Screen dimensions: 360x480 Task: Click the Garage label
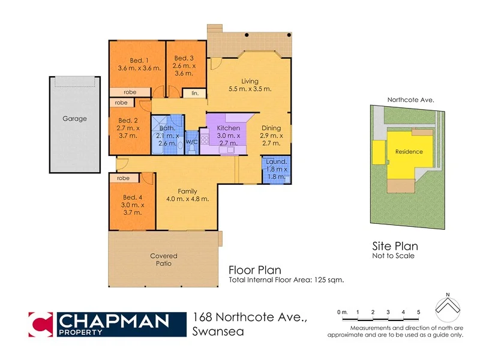pyautogui.click(x=74, y=119)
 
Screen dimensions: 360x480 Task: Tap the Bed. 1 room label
pyautogui.click(x=139, y=60)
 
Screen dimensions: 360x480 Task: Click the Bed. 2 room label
pyautogui.click(x=128, y=120)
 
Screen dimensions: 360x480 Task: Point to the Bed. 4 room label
pyautogui.click(x=132, y=197)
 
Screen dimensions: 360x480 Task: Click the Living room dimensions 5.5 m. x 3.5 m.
pyautogui.click(x=250, y=89)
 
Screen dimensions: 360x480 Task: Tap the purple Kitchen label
pyautogui.click(x=228, y=128)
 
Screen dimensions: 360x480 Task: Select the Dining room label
pyautogui.click(x=271, y=128)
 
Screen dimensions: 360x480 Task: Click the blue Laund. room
pyautogui.click(x=277, y=170)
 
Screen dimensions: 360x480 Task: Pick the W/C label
pyautogui.click(x=192, y=142)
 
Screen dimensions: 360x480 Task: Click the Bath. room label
pyautogui.click(x=167, y=128)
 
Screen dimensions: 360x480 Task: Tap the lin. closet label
pyautogui.click(x=195, y=93)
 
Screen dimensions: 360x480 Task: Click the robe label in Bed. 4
pyautogui.click(x=124, y=178)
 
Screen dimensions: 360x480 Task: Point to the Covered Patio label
pyautogui.click(x=163, y=260)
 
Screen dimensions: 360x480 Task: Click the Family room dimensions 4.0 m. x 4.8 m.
pyautogui.click(x=188, y=199)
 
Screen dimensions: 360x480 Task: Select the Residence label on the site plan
pyautogui.click(x=409, y=152)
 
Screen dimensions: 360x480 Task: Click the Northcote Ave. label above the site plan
pyautogui.click(x=410, y=100)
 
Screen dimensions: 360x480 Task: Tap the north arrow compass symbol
pyautogui.click(x=447, y=307)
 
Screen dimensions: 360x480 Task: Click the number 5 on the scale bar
pyautogui.click(x=418, y=312)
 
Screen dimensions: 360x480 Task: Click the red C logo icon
pyautogui.click(x=40, y=325)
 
